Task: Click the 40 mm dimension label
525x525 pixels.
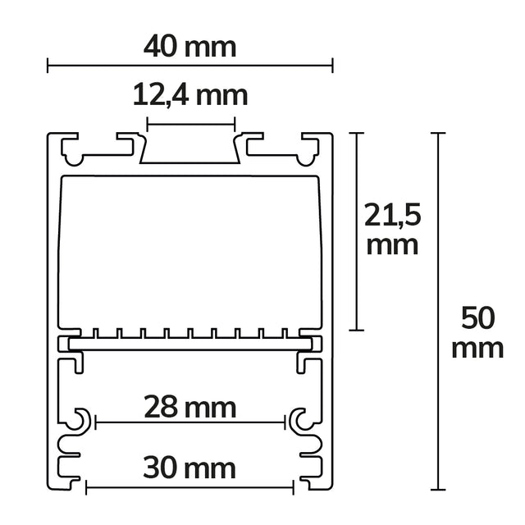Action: click(189, 46)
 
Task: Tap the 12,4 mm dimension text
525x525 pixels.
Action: click(190, 95)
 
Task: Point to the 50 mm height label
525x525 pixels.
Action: click(477, 331)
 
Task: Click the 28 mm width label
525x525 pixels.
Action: click(190, 406)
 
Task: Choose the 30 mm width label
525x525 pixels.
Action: click(189, 468)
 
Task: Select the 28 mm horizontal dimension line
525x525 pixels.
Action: click(190, 422)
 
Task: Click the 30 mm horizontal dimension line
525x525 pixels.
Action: click(189, 487)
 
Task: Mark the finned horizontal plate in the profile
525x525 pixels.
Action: click(189, 341)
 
